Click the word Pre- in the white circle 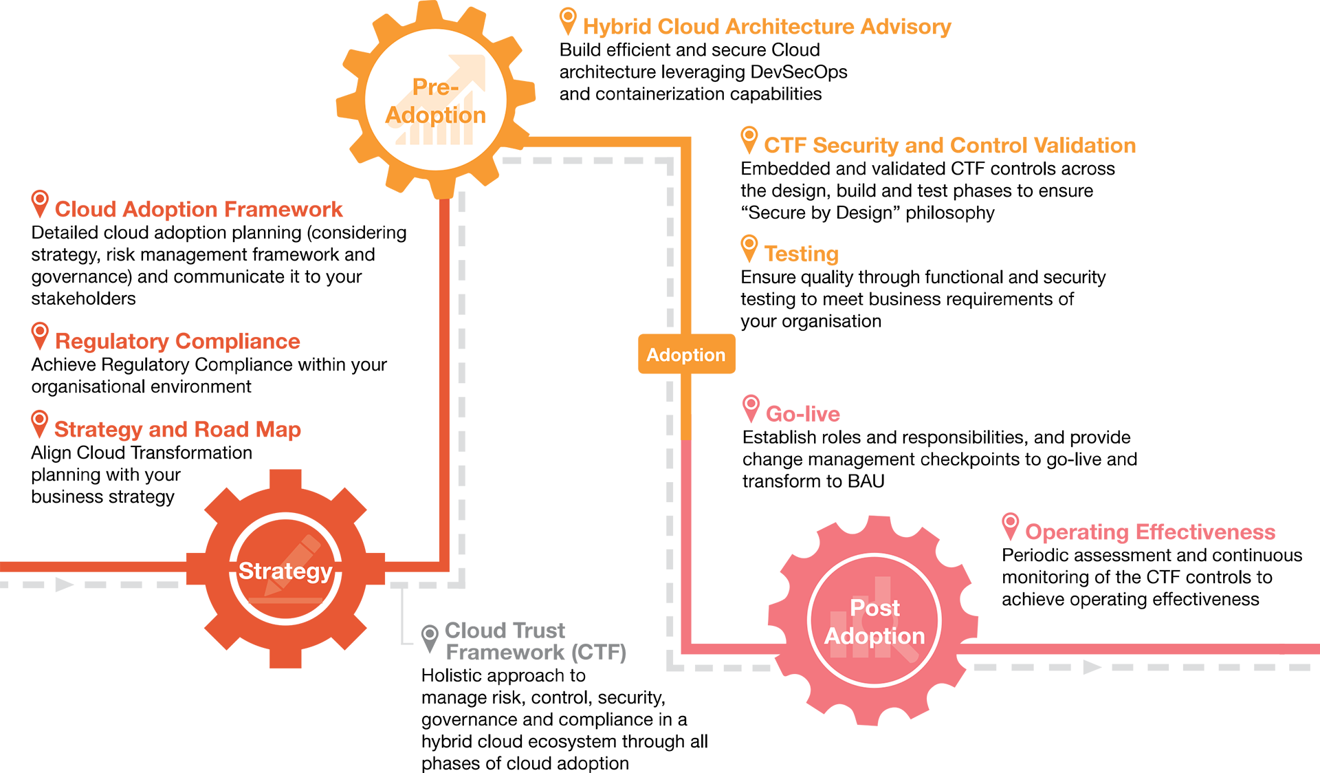click(435, 87)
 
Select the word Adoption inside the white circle click(435, 115)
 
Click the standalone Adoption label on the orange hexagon click(685, 355)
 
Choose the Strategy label click(285, 571)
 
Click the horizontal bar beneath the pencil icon click(285, 602)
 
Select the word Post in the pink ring click(874, 608)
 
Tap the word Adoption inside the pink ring click(874, 636)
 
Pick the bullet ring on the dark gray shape click(430, 633)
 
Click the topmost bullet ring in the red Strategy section click(40, 199)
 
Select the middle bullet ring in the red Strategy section click(40, 331)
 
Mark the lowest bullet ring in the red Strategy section click(40, 419)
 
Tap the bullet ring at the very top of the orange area click(568, 16)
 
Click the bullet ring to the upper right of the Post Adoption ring click(1010, 521)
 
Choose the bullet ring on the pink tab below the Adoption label click(751, 403)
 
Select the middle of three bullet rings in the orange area click(749, 135)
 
